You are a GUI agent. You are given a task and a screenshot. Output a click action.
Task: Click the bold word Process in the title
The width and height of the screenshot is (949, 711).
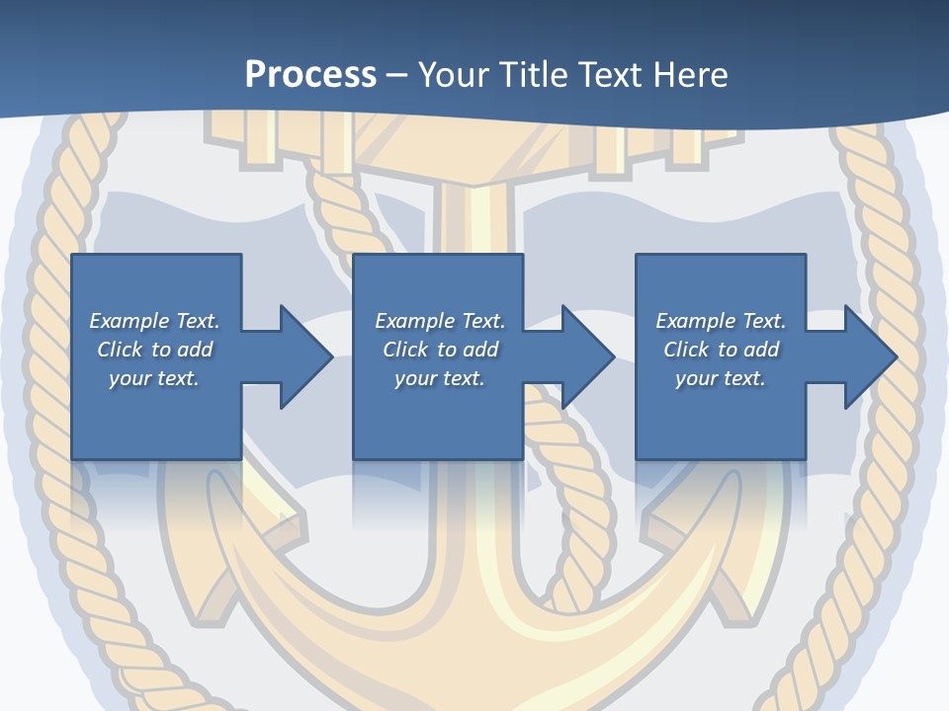tap(310, 75)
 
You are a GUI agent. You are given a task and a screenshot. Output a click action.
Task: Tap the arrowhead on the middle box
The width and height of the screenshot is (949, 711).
tap(586, 356)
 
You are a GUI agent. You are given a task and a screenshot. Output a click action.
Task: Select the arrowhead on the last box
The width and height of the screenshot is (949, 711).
tap(868, 356)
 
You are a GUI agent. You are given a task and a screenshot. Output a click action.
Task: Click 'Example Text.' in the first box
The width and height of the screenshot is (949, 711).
tap(154, 321)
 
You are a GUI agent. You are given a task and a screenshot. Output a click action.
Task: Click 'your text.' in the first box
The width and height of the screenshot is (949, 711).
tap(154, 378)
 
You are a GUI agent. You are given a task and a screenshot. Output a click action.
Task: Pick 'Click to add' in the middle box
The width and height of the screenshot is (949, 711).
tap(440, 350)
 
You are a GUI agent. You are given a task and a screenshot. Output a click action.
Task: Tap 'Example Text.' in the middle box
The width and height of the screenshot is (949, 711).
tap(440, 321)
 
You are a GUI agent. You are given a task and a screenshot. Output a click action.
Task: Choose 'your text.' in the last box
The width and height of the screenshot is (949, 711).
tap(721, 378)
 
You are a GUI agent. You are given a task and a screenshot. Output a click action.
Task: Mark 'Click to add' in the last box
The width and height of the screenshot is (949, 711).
tap(721, 350)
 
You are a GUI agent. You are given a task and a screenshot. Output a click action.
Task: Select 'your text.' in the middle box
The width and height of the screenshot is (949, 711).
tap(440, 378)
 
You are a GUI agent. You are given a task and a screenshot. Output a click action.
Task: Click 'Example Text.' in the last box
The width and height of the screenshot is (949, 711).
tap(721, 321)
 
